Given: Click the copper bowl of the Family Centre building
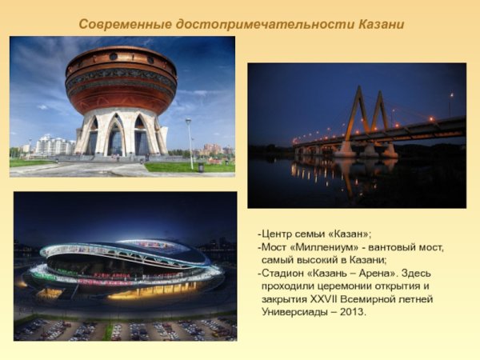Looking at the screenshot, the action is point(122,80).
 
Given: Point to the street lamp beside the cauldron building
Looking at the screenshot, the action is point(190,143).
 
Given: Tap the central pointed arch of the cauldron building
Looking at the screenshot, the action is point(116,134).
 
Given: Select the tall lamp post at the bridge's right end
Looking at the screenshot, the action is point(450,105).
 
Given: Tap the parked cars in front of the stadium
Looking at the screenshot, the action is point(126,329).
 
